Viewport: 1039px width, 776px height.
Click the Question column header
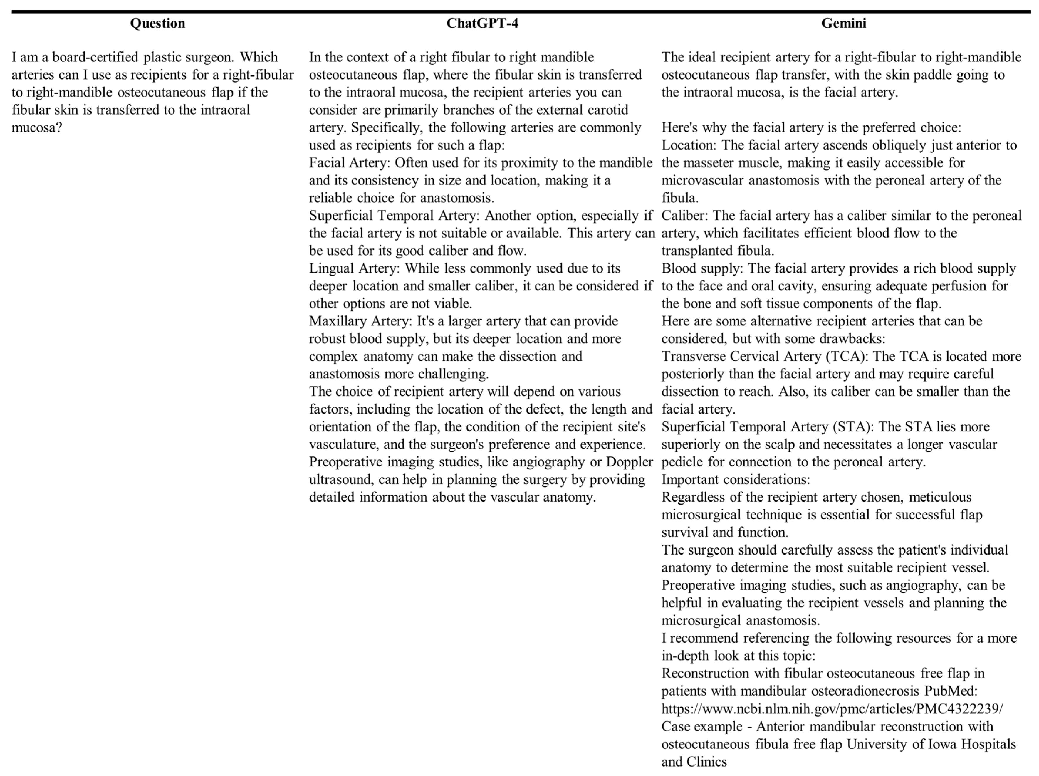coord(157,23)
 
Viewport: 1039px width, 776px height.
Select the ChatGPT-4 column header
coord(482,23)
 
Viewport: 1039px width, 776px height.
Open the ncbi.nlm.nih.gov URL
coord(832,709)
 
